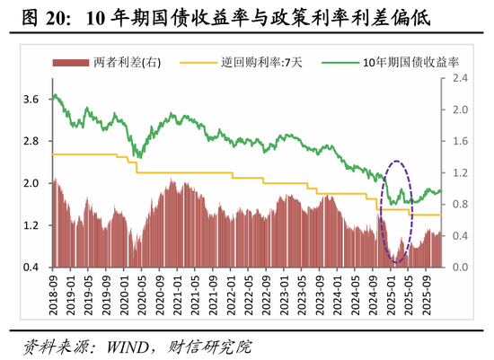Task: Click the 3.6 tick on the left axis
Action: pos(31,99)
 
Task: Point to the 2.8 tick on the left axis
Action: pos(31,141)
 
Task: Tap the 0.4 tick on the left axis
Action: pos(31,268)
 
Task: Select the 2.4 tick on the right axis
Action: pos(460,79)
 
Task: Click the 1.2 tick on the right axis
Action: pos(460,173)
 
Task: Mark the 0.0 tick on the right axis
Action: pos(460,268)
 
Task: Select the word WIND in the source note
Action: pos(127,346)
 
